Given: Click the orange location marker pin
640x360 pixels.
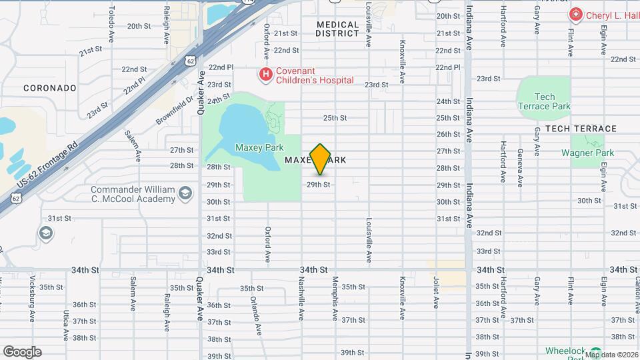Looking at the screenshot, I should coord(321,159).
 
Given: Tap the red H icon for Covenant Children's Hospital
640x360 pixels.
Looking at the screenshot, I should coord(266,73).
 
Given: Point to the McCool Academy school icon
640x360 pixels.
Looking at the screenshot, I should coord(185,193).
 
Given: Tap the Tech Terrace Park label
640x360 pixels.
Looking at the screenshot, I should coord(544,101).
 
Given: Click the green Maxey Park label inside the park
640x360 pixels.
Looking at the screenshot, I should coord(259,147).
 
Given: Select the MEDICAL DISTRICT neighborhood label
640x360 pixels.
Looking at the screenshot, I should coord(337,29).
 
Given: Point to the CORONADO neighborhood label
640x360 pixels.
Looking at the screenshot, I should coord(50,87).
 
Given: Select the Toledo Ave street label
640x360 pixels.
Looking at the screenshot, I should coord(112,20).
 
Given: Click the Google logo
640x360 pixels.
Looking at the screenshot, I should coord(22,352).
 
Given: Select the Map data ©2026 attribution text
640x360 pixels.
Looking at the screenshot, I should coord(611,355).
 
